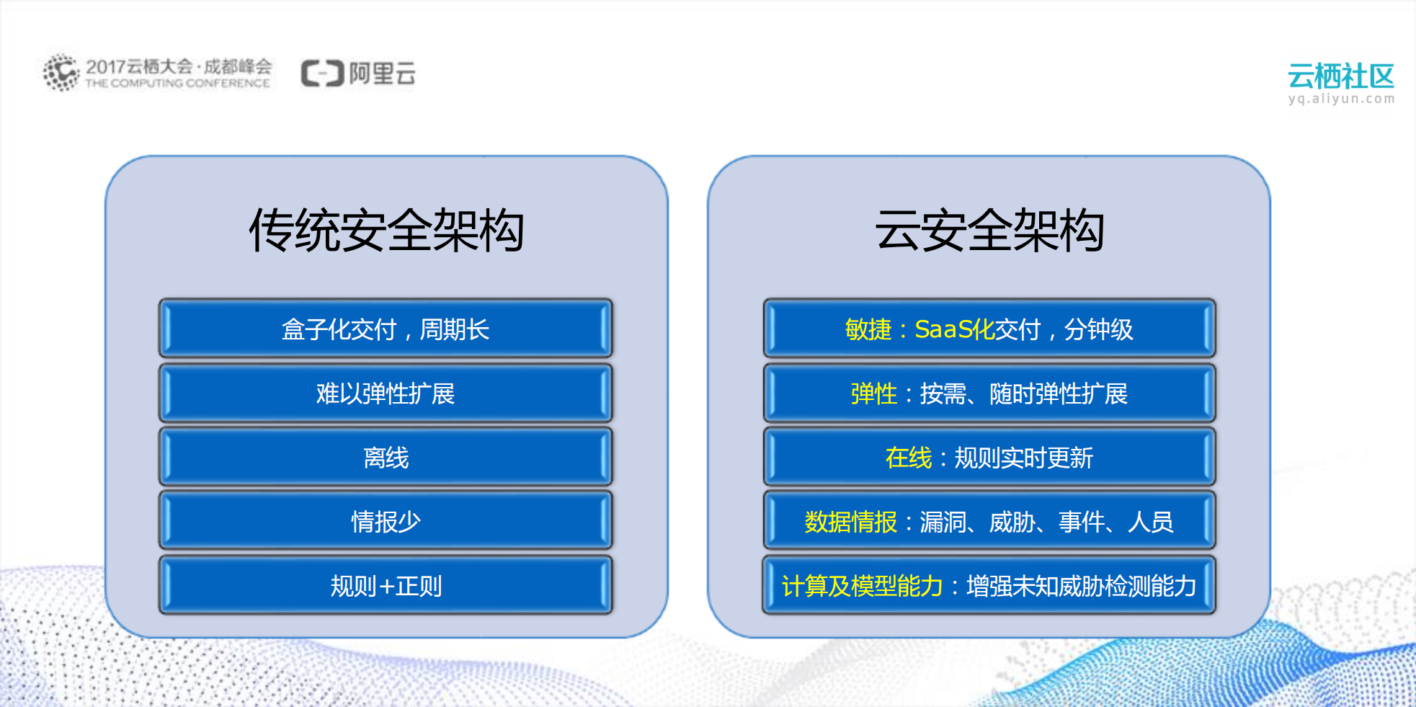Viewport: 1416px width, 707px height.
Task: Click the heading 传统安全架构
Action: [386, 231]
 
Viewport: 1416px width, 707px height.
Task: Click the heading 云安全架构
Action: [989, 231]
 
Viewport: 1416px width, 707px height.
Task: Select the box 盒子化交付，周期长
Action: [386, 329]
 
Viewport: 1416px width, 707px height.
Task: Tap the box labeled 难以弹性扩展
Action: [386, 393]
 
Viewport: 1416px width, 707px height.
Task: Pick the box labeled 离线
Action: [386, 458]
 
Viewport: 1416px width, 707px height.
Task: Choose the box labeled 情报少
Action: [386, 521]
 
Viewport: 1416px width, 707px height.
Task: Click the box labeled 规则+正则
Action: [386, 585]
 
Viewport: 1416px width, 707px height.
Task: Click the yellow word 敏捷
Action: [868, 329]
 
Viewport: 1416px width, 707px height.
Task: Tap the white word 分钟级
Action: [1098, 329]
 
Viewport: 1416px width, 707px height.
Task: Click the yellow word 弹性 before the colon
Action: [873, 393]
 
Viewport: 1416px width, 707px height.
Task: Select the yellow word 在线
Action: [908, 458]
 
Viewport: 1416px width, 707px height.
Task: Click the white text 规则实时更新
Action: [1023, 458]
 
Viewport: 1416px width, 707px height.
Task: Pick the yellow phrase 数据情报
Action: [850, 521]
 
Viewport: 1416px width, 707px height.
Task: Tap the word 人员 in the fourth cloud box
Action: [1150, 521]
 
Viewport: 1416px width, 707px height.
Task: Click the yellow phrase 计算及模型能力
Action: [862, 585]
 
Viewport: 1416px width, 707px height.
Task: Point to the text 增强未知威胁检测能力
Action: [1081, 585]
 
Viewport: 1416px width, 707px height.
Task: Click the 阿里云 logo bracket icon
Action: [322, 74]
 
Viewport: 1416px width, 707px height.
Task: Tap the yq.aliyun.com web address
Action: [1341, 99]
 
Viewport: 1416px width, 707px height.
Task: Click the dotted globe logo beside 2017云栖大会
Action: [61, 72]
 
